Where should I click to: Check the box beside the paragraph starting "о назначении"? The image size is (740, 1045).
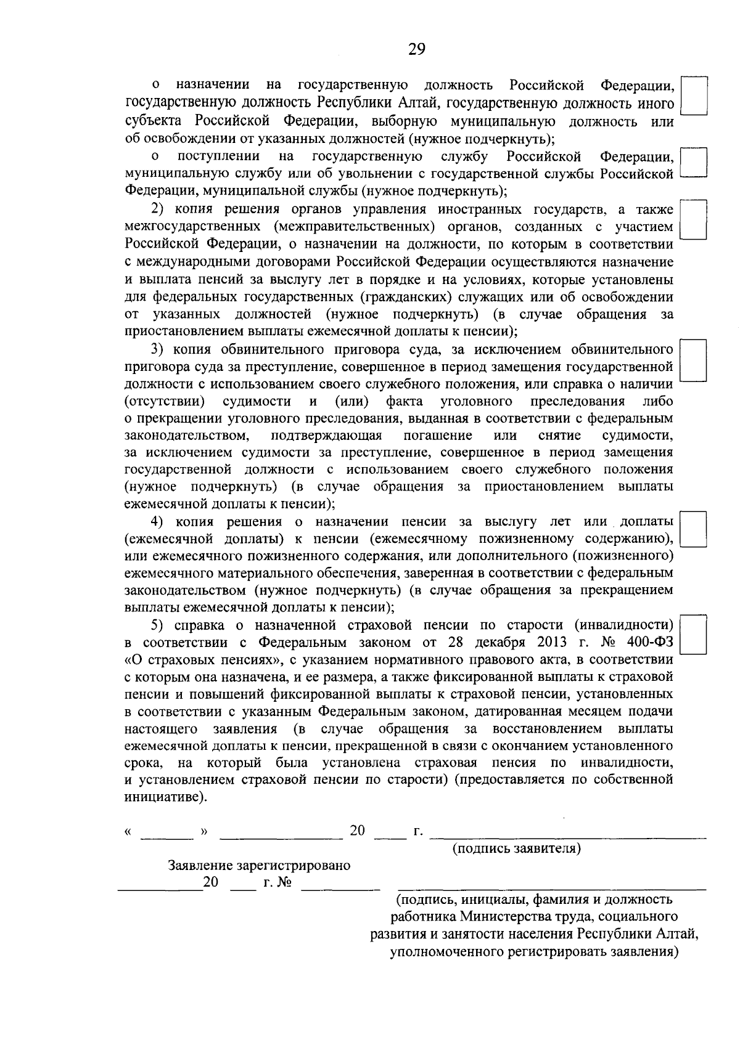tap(693, 96)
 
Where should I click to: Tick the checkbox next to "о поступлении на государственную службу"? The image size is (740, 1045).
tap(693, 163)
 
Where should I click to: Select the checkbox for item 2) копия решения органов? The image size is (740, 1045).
tap(693, 219)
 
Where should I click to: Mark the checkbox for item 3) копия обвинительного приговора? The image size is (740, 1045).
tap(693, 360)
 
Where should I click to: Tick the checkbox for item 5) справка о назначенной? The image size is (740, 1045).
tap(693, 635)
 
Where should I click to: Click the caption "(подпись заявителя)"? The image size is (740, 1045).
tap(517, 848)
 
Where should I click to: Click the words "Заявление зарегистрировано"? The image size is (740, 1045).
tap(259, 865)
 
